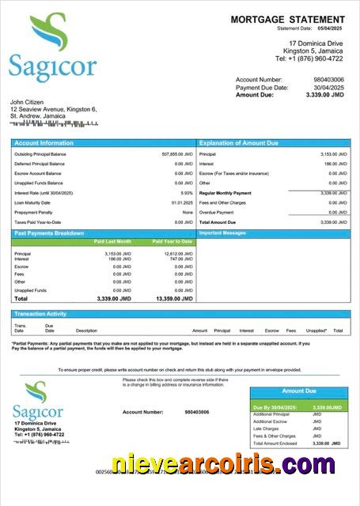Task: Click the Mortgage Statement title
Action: coord(288,19)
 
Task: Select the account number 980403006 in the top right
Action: coord(328,80)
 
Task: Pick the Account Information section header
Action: coord(44,143)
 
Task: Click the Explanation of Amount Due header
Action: coord(239,143)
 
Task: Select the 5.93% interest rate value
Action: coord(187,193)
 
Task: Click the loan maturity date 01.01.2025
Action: coord(182,202)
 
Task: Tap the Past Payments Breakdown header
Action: coord(49,233)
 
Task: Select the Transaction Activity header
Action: coord(40,314)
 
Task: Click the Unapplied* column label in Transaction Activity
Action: coord(316,330)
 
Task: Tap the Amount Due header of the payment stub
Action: coord(299,391)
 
